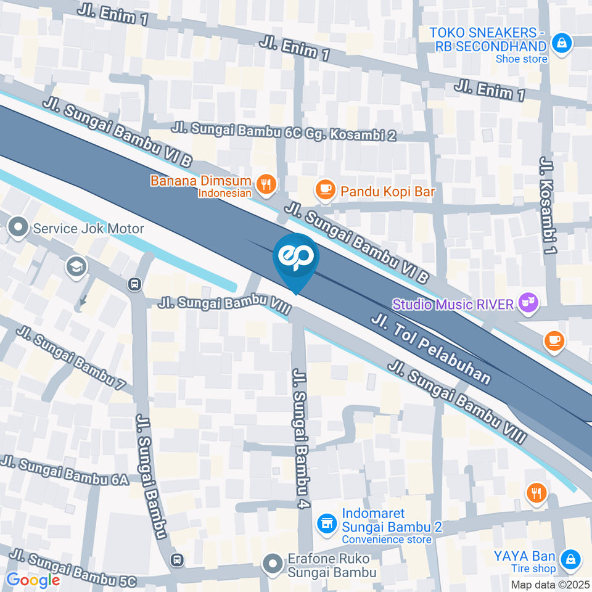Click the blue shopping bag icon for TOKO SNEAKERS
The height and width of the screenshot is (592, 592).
562,43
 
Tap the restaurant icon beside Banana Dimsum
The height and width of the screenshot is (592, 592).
266,184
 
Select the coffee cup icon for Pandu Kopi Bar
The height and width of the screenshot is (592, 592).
325,191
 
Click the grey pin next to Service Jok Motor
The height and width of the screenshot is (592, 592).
18,228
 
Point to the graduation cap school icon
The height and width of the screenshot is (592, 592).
77,267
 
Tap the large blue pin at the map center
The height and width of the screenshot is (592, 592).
296,259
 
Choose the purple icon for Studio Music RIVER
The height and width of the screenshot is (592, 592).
528,302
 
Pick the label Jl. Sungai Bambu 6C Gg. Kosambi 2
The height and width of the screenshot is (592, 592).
284,132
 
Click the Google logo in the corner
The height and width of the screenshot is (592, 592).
33,580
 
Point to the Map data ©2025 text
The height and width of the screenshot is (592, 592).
550,584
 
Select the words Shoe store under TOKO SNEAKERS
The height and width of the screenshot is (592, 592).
521,59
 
